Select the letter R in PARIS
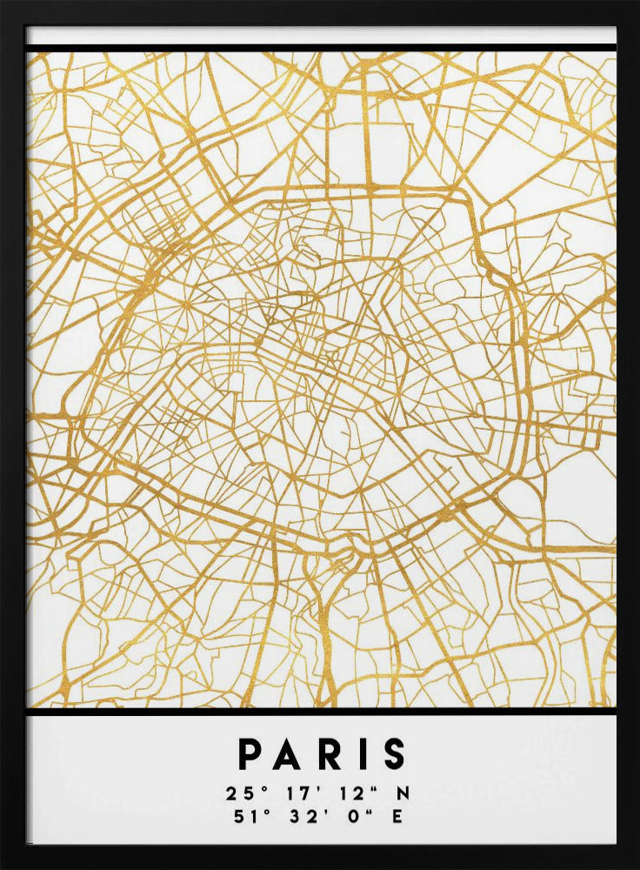pyautogui.click(x=330, y=754)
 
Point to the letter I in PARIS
pyautogui.click(x=361, y=754)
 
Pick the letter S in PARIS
pyautogui.click(x=394, y=754)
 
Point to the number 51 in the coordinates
pyautogui.click(x=236, y=816)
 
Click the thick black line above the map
pyautogui.click(x=320, y=47)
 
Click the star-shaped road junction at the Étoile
pyautogui.click(x=185, y=307)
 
